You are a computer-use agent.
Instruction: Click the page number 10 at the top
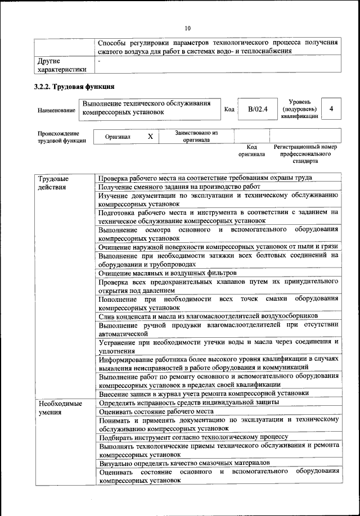[x=188, y=29]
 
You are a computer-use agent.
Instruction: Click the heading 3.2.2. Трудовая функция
[x=75, y=87]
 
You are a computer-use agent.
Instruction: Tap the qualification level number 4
[x=332, y=108]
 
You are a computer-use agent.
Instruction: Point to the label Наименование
[x=56, y=110]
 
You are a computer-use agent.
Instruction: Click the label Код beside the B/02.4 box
[x=229, y=109]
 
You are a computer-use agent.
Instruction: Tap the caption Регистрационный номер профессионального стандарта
[x=305, y=153]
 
